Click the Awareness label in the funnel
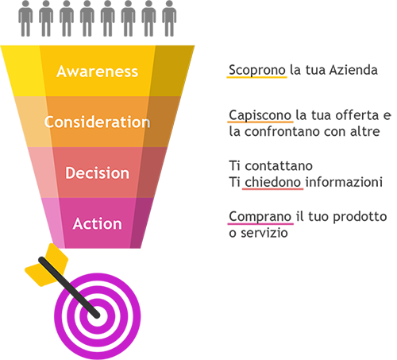(x=98, y=72)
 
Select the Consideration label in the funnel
(x=98, y=122)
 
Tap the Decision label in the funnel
(x=98, y=173)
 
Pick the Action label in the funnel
(x=98, y=224)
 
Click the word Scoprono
(x=257, y=71)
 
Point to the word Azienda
(x=353, y=70)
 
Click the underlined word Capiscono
(x=260, y=115)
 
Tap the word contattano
(x=279, y=166)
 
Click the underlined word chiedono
(x=272, y=182)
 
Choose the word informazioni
(x=344, y=182)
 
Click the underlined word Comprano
(x=260, y=217)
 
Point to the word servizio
(x=264, y=233)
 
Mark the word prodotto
(x=360, y=217)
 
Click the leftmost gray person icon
(x=25, y=18)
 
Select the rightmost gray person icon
(x=169, y=18)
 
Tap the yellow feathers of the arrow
(x=47, y=265)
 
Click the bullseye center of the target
(x=98, y=316)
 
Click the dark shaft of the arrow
(x=69, y=287)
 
